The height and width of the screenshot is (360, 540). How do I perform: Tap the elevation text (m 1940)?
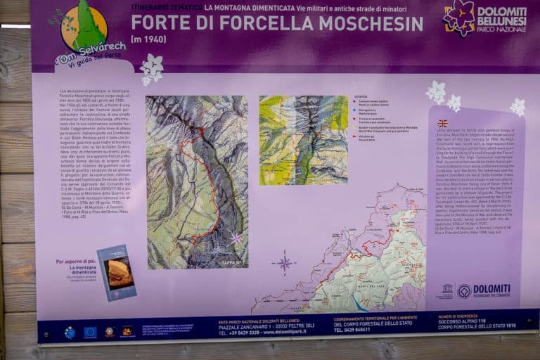pyautogui.click(x=150, y=39)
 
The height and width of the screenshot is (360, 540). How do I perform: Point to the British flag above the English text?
pyautogui.click(x=442, y=123)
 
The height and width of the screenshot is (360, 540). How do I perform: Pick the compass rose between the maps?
pyautogui.click(x=284, y=264)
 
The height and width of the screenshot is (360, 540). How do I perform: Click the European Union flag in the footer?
pyautogui.click(x=90, y=332)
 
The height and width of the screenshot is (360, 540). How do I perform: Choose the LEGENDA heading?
pyautogui.click(x=361, y=97)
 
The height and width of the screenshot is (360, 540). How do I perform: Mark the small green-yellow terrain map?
pyautogui.click(x=303, y=139)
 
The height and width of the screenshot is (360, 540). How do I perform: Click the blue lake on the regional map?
pyautogui.click(x=361, y=304)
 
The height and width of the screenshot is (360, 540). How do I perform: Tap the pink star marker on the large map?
pyautogui.click(x=236, y=238)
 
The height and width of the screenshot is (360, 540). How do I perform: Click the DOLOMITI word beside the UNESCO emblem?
pyautogui.click(x=492, y=288)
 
